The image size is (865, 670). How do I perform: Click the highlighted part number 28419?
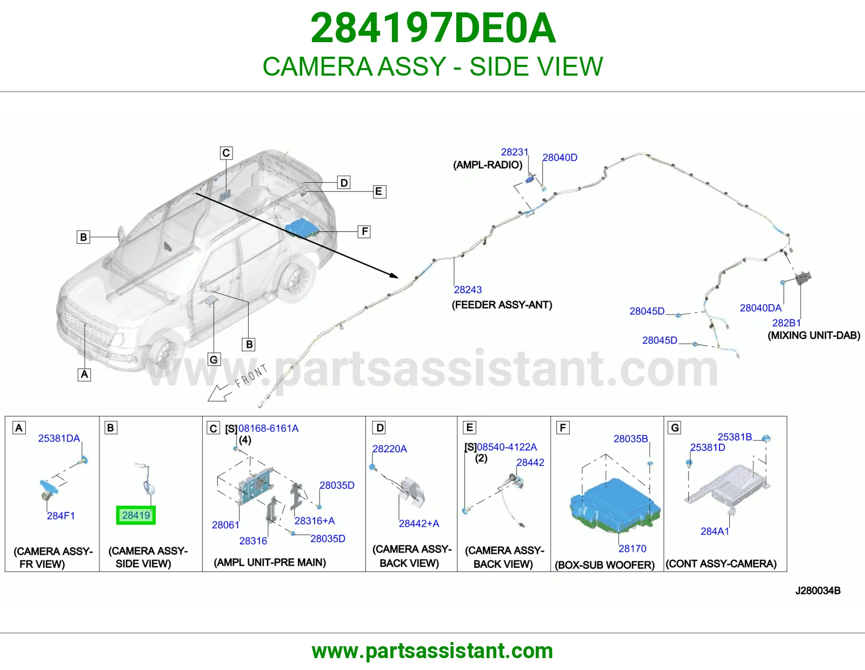click(136, 515)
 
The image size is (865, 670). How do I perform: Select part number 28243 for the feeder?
click(468, 290)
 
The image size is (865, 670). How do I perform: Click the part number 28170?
click(632, 548)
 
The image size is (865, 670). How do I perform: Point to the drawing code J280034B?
click(818, 591)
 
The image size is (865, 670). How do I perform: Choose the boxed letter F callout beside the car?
click(364, 232)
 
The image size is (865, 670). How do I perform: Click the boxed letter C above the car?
click(226, 153)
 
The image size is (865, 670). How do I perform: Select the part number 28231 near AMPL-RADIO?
click(514, 152)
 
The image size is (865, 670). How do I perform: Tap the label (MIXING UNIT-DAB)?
click(814, 336)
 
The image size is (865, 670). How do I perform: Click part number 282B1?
click(786, 323)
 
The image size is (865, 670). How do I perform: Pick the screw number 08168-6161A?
click(268, 428)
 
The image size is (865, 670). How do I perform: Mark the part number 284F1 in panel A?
click(61, 515)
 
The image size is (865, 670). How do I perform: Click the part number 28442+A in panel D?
click(419, 523)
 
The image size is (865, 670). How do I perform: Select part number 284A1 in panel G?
click(715, 531)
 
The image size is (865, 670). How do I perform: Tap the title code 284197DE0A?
click(432, 28)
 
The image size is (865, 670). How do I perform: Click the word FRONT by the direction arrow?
click(251, 376)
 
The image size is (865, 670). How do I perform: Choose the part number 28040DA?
click(760, 307)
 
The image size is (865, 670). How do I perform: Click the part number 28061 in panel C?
click(225, 525)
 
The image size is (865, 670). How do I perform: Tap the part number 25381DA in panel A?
click(59, 438)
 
